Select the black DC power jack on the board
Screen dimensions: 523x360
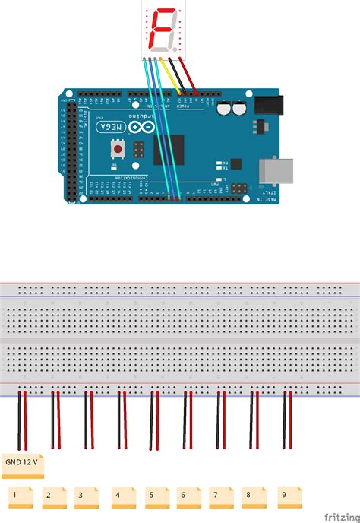coord(265,107)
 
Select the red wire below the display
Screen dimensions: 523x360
coord(190,76)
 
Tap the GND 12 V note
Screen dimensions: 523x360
coord(24,461)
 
